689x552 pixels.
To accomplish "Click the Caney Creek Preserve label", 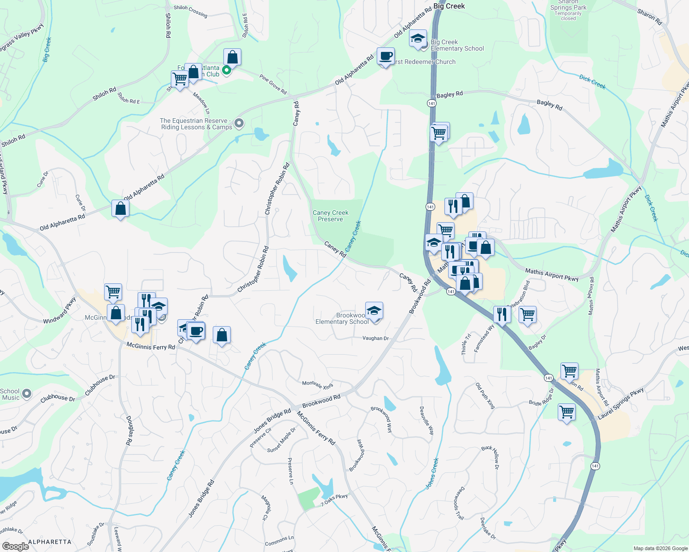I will pos(330,216).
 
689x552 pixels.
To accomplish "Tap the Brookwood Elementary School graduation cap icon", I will pos(374,311).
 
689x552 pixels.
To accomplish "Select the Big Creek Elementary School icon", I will pos(418,39).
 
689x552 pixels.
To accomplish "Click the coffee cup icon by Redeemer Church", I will pos(385,57).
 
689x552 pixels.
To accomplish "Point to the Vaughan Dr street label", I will pos(375,338).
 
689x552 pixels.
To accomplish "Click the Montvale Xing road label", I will pos(317,385).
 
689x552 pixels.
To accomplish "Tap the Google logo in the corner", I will pos(15,546).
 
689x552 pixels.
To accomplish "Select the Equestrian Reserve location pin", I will pos(239,123).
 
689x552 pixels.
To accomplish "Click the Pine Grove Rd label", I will pos(273,85).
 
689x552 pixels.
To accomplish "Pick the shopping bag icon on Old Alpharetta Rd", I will pos(120,209).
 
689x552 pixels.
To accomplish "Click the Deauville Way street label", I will pos(427,420).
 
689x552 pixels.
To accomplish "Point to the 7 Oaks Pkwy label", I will pos(334,500).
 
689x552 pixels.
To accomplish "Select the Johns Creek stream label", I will pos(432,473).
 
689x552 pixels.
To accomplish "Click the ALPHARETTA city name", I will pos(50,542).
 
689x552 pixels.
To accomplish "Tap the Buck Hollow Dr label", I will pos(490,457).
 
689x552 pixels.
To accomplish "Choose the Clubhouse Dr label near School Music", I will pos(58,398).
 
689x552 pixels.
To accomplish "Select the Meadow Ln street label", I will pos(201,103).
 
